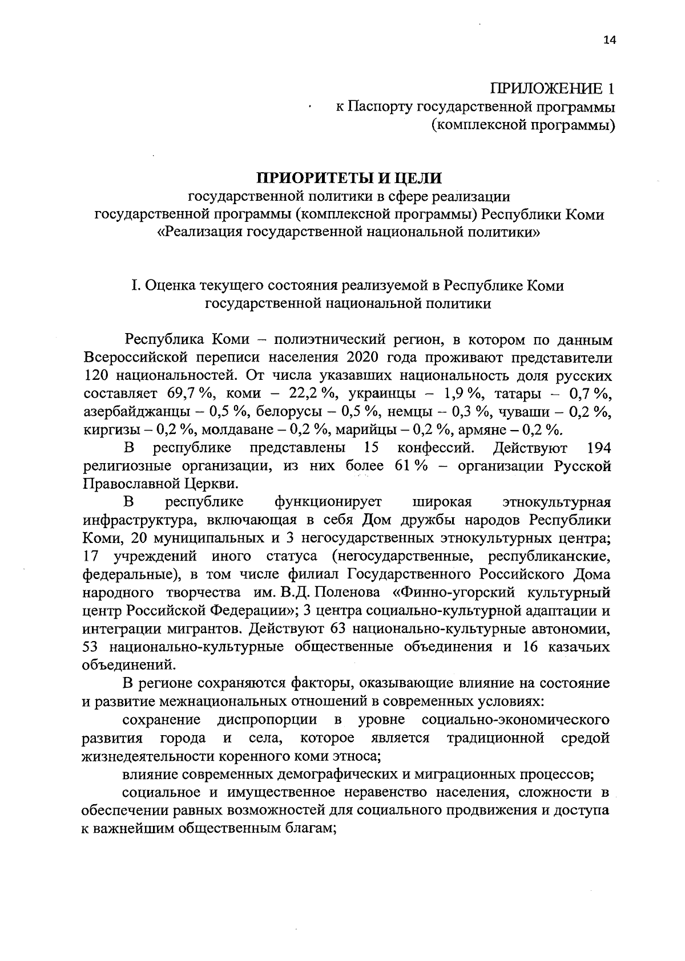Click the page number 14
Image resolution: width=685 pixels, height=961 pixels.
click(x=609, y=39)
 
